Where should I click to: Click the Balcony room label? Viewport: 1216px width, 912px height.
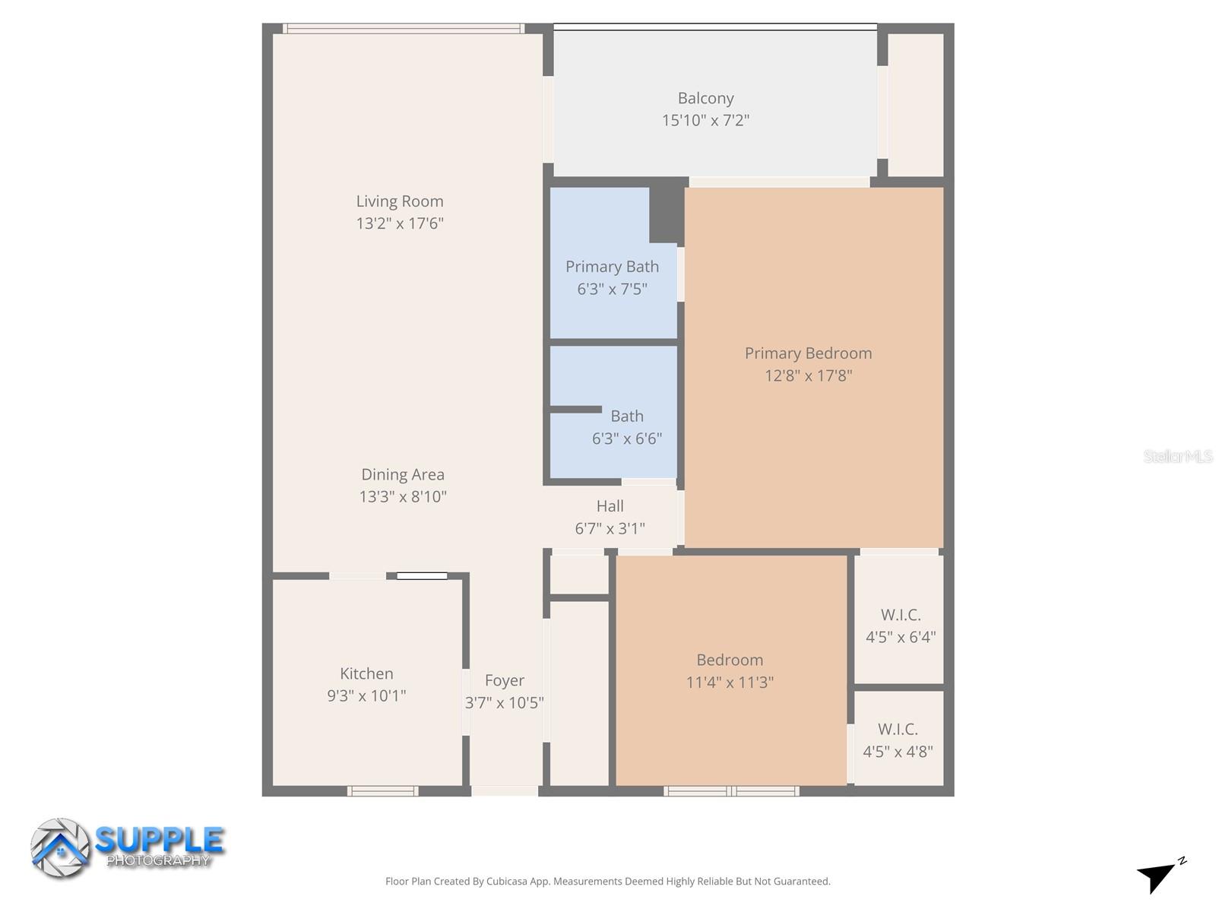pyautogui.click(x=705, y=98)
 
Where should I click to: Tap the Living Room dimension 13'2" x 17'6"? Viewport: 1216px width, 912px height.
pyautogui.click(x=400, y=223)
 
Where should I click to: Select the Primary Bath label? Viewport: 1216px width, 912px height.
pyautogui.click(x=612, y=267)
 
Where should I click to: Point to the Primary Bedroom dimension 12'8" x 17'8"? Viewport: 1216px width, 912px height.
pyautogui.click(x=808, y=375)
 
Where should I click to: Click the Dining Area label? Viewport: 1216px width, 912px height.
pyautogui.click(x=402, y=474)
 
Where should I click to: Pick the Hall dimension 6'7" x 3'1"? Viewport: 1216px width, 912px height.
pyautogui.click(x=610, y=528)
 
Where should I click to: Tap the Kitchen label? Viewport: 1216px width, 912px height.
pyautogui.click(x=366, y=673)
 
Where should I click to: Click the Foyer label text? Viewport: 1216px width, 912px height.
pyautogui.click(x=505, y=680)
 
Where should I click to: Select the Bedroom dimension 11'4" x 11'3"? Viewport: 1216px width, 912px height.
pyautogui.click(x=730, y=682)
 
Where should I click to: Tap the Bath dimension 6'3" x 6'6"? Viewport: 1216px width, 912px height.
pyautogui.click(x=627, y=439)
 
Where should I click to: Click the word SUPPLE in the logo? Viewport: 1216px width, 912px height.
pyautogui.click(x=160, y=840)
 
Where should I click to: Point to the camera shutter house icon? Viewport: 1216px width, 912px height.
pyautogui.click(x=60, y=848)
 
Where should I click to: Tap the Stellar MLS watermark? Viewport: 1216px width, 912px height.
pyautogui.click(x=1177, y=456)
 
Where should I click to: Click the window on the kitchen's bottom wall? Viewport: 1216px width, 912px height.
pyautogui.click(x=382, y=791)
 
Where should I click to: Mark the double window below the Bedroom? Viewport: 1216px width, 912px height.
pyautogui.click(x=731, y=791)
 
